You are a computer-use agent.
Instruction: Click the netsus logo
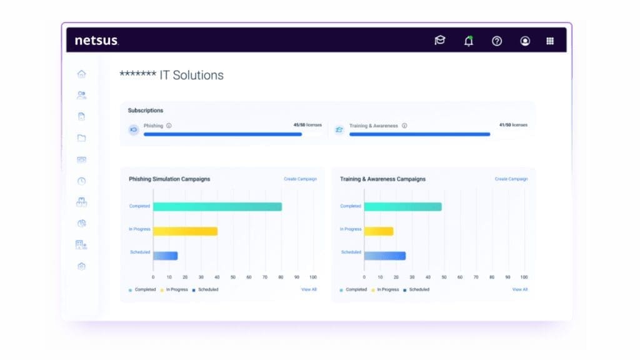click(97, 41)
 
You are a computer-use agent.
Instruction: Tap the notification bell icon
click(469, 41)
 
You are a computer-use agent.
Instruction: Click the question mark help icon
click(497, 41)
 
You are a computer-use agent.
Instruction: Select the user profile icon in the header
click(525, 41)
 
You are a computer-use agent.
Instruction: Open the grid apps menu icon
click(550, 41)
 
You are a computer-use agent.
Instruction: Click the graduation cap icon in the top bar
click(440, 40)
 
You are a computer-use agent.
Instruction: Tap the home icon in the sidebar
click(82, 74)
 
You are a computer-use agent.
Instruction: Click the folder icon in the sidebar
click(82, 138)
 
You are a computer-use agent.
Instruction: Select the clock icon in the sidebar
click(82, 181)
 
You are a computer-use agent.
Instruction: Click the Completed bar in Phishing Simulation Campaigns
click(217, 206)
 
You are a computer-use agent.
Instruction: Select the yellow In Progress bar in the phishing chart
click(185, 231)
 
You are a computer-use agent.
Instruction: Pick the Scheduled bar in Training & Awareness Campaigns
click(385, 256)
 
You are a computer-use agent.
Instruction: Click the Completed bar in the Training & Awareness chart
click(403, 206)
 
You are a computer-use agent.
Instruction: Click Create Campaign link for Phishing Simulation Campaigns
click(301, 179)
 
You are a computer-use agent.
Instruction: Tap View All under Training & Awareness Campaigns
click(520, 289)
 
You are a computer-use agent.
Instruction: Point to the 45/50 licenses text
click(307, 125)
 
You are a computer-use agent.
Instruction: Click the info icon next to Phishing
click(169, 126)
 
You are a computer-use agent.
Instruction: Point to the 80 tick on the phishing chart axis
click(281, 277)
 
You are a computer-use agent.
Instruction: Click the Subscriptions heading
click(145, 110)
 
